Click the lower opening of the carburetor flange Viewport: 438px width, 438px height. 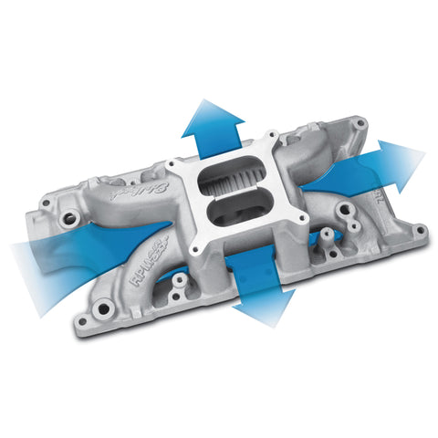231,215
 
